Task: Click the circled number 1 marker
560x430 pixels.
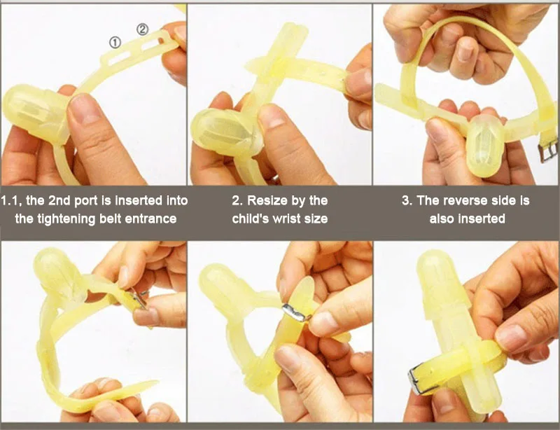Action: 115,43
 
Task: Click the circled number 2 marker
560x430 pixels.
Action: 143,29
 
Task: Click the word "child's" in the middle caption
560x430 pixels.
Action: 251,219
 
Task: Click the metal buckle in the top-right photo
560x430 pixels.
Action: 548,151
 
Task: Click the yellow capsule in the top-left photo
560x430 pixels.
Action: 36,113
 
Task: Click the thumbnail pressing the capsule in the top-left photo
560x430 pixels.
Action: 85,109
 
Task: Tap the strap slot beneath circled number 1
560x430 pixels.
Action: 120,58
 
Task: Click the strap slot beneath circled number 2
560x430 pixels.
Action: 150,45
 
